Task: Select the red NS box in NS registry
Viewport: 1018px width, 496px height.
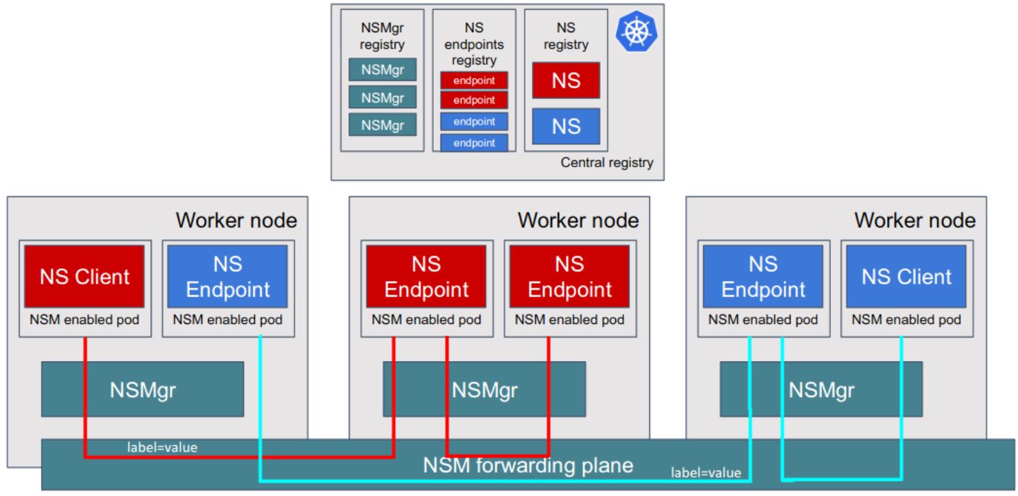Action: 565,80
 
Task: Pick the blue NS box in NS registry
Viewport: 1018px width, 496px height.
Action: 565,126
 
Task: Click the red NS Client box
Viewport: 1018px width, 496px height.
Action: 85,277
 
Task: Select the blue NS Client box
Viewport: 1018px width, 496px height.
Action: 906,277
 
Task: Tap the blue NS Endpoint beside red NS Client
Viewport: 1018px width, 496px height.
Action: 228,277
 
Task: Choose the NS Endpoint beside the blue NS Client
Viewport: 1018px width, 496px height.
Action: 763,277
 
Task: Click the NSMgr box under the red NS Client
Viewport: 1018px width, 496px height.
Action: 142,389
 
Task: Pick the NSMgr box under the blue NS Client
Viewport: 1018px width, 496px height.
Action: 821,389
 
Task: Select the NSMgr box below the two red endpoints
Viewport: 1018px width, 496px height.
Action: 484,389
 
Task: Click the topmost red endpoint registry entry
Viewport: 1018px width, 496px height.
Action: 474,81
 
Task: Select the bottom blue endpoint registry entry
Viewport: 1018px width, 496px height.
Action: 474,142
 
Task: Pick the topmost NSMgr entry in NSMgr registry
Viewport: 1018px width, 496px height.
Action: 382,70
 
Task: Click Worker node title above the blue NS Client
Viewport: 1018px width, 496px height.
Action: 915,221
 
